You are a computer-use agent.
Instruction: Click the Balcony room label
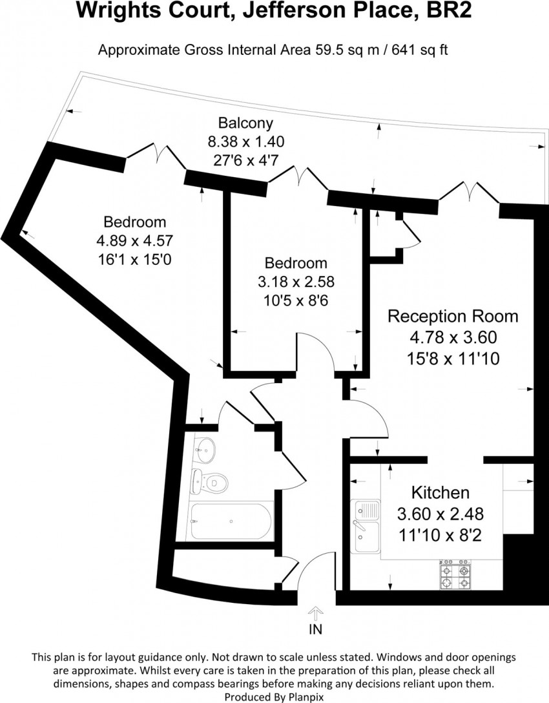point(245,123)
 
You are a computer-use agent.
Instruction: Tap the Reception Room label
point(452,317)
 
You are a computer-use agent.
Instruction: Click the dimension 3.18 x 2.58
point(296,282)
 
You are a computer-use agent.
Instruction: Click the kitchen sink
point(366,527)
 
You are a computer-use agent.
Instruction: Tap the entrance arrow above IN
point(316,613)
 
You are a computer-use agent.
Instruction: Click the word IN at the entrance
point(316,629)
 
